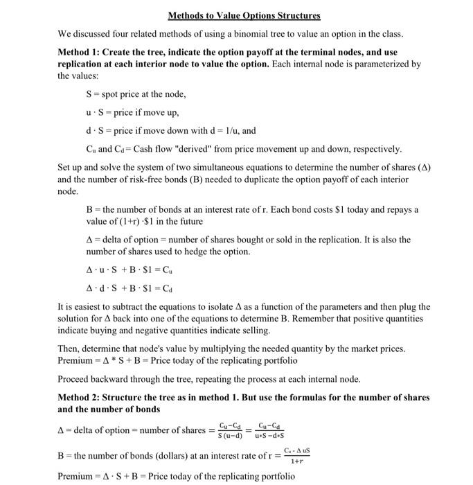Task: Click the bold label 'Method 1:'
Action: coord(82,53)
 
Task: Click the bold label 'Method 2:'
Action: coord(82,398)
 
